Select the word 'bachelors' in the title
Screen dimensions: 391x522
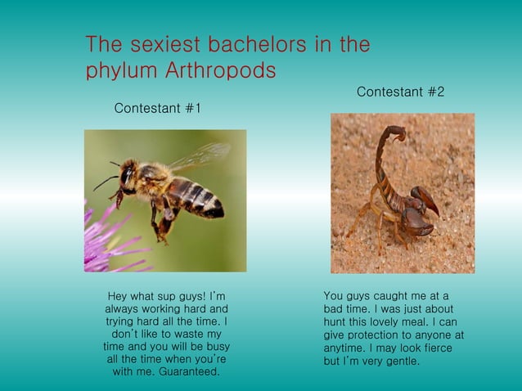pyautogui.click(x=250, y=44)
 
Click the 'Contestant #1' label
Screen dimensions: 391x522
pyautogui.click(x=157, y=108)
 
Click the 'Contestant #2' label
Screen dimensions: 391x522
pyautogui.click(x=400, y=92)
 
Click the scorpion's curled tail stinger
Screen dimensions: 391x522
pyautogui.click(x=393, y=134)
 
